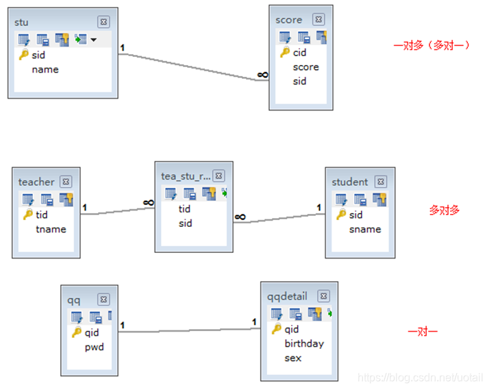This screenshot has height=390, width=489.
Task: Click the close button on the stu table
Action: (103, 22)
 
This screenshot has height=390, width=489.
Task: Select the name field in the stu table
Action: (45, 69)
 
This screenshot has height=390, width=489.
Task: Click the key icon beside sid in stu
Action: (23, 55)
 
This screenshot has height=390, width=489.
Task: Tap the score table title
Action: (288, 20)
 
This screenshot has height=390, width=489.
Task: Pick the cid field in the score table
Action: (300, 52)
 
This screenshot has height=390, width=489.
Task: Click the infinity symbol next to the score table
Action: (262, 75)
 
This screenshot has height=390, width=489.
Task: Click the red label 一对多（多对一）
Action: (431, 45)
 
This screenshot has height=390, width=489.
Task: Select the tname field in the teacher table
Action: (51, 229)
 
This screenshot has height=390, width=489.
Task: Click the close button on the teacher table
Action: (66, 182)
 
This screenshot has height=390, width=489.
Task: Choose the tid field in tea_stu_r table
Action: (185, 209)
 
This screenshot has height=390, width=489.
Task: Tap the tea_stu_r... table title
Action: (186, 176)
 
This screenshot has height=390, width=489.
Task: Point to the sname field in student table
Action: (365, 229)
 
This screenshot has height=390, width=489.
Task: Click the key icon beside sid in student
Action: (340, 215)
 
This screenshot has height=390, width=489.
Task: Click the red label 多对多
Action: (444, 210)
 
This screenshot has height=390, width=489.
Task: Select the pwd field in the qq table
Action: (94, 347)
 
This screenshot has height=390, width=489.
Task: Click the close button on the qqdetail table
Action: (323, 296)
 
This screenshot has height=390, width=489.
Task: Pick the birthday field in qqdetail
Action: (304, 343)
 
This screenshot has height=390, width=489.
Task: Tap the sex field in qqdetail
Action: (293, 358)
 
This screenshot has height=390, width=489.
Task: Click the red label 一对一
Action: (423, 331)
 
